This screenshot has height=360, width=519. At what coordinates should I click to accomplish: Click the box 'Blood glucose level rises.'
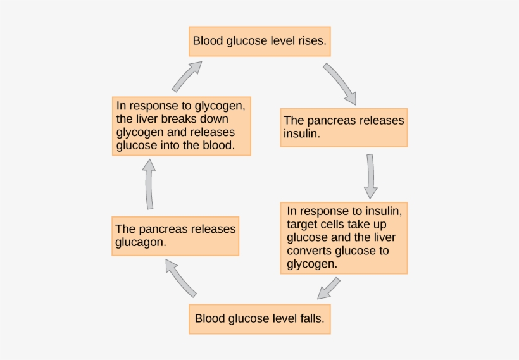coord(259,41)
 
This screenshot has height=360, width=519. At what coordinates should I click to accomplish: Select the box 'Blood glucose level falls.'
coord(259,319)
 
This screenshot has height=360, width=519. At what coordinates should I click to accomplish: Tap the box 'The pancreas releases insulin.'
coord(343,127)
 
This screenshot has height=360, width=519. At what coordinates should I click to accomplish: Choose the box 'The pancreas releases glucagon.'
coord(175,236)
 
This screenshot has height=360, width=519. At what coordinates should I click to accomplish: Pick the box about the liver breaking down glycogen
coord(182,125)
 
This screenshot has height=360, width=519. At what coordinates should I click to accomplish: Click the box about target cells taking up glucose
coord(344,237)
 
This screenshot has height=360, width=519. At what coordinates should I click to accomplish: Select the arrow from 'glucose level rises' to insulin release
coord(340,82)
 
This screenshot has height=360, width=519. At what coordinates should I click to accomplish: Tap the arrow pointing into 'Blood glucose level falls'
coord(328,289)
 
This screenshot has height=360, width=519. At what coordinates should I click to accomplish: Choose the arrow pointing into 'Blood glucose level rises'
coord(187,76)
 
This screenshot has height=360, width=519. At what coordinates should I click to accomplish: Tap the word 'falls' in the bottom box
coord(310,319)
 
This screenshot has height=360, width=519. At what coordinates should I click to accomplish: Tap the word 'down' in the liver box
coord(214,119)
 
